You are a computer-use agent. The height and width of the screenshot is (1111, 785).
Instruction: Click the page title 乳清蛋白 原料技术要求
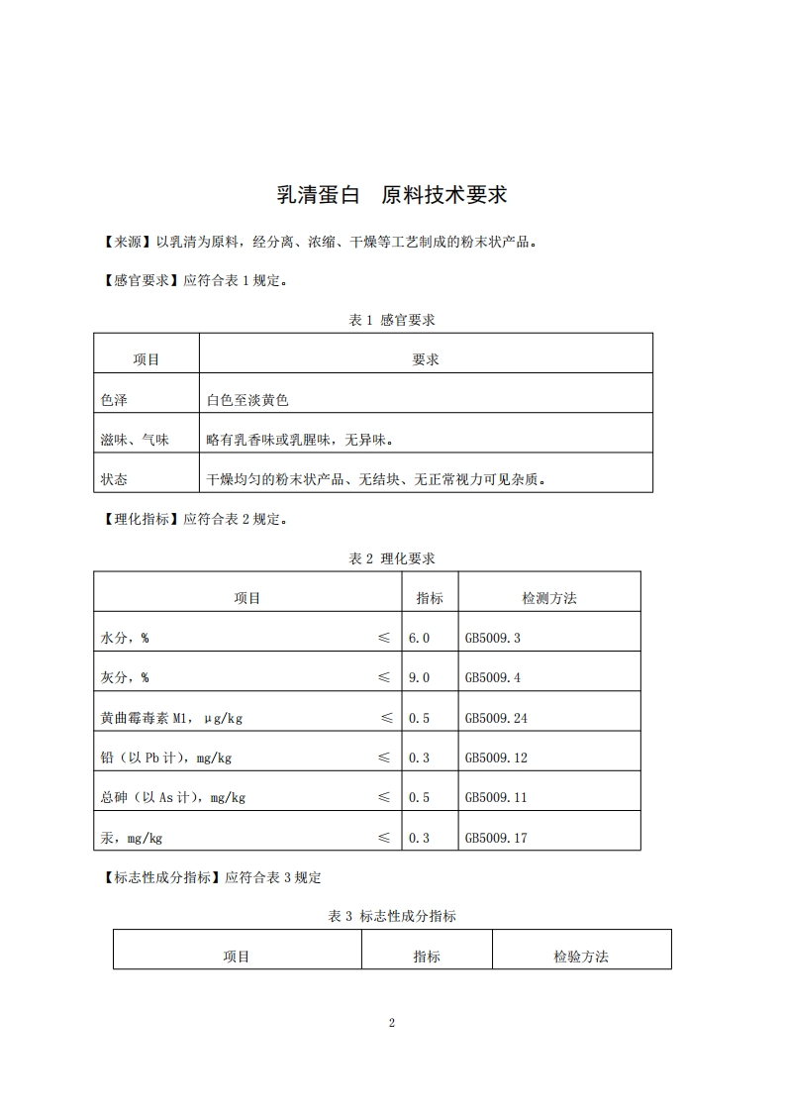tap(392, 195)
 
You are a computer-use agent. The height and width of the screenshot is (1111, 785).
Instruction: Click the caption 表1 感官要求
tap(392, 320)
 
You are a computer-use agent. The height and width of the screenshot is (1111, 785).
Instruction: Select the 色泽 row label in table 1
tap(115, 400)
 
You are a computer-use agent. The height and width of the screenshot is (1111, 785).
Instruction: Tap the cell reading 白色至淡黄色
tap(247, 400)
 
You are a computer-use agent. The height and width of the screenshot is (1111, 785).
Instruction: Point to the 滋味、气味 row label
tap(135, 440)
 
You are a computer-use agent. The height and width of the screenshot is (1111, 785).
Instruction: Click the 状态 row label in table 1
tap(115, 479)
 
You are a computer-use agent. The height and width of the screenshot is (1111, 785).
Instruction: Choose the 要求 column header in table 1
tap(426, 359)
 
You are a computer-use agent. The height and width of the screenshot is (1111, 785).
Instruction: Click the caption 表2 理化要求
tap(392, 558)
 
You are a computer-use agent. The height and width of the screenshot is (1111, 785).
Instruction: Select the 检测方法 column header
tap(549, 598)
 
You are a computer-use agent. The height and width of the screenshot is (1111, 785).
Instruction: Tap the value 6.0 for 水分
tap(419, 638)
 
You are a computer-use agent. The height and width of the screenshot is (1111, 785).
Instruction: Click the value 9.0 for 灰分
tap(419, 677)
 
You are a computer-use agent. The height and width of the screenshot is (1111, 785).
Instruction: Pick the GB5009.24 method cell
tap(496, 718)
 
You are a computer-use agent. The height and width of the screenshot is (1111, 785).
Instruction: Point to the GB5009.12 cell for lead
tap(496, 757)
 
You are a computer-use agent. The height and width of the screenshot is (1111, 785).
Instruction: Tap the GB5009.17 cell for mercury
tap(496, 838)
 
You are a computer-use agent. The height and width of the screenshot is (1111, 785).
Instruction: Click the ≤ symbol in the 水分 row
tap(384, 638)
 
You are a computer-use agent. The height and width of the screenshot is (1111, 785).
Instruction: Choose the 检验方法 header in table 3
tap(581, 957)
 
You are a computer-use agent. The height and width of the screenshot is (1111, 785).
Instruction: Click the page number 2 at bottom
tap(392, 1022)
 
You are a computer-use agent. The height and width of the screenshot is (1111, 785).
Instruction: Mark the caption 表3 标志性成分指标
tap(392, 917)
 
